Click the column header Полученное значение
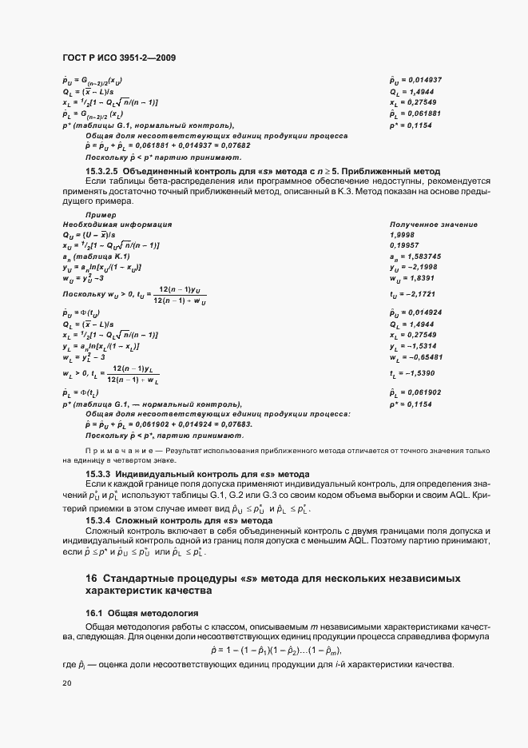[x=433, y=225]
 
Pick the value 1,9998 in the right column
[x=403, y=235]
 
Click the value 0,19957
[x=405, y=245]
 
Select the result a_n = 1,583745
[x=415, y=255]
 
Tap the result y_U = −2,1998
[x=415, y=265]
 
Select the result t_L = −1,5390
[x=414, y=374]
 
